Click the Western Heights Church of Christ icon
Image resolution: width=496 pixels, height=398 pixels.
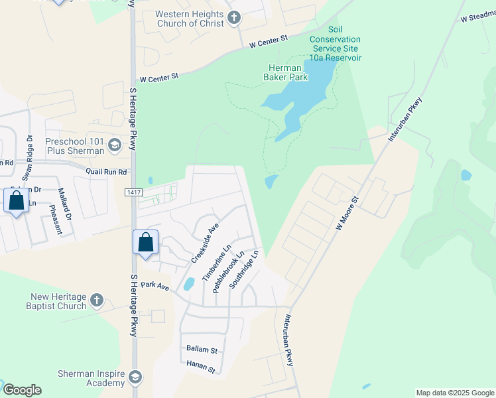point(233,18)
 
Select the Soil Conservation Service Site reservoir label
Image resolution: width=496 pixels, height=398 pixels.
point(336,44)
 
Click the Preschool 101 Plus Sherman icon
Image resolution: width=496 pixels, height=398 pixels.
point(114,145)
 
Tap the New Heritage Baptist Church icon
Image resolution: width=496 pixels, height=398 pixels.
point(97,300)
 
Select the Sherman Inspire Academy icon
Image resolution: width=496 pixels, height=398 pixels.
point(135,377)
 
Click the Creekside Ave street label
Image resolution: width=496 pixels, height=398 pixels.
point(205,242)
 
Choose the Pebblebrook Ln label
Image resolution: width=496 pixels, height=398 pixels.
point(229,271)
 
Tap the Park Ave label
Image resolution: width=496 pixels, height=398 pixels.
point(155,287)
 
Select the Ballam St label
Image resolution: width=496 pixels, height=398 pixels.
point(202,349)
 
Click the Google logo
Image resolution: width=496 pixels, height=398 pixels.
point(22,390)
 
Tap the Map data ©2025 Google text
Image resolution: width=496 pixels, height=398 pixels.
point(454,393)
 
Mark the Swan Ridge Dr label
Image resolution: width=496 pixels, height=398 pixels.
point(29,158)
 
